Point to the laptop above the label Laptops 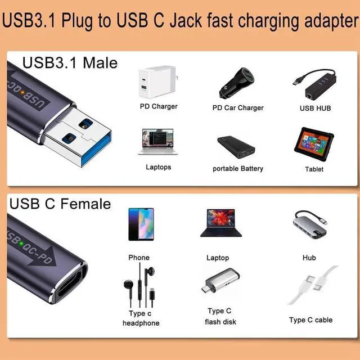157,142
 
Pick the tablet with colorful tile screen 314,144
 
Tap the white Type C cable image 312,287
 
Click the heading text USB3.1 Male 70,62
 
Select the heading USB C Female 60,203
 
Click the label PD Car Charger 238,108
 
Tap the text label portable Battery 238,169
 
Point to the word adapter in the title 328,21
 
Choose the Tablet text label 314,169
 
